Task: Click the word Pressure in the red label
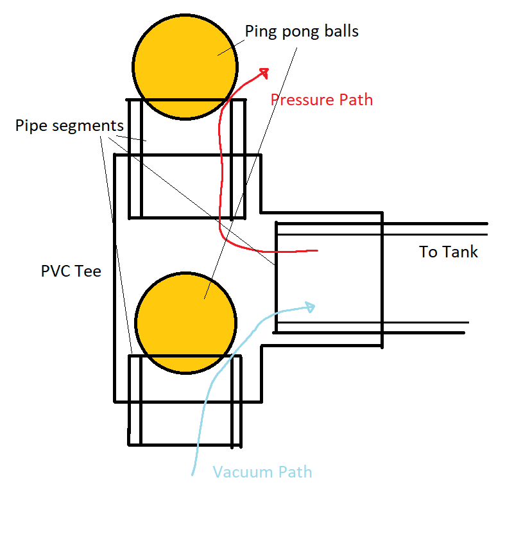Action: click(x=302, y=100)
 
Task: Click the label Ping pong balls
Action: click(x=302, y=31)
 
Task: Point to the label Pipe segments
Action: click(x=69, y=125)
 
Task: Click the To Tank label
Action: click(x=449, y=252)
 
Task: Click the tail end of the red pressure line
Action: click(x=316, y=250)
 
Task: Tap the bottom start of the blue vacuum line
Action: click(x=193, y=474)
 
